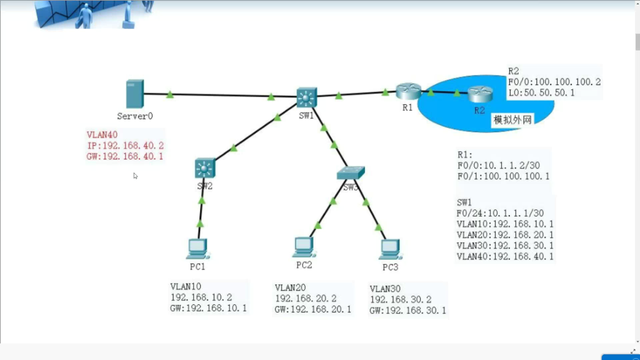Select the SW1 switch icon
(306, 97)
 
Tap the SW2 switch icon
(204, 167)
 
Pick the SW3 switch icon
(350, 173)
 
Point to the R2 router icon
(479, 94)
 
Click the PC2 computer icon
(304, 246)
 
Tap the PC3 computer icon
(389, 248)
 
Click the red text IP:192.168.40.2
(125, 146)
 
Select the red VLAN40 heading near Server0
(102, 134)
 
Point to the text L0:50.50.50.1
(541, 92)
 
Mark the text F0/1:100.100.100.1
(504, 176)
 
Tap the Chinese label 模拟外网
(512, 120)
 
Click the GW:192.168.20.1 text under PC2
(312, 309)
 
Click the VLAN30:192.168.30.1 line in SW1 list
(505, 245)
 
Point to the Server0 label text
(135, 116)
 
